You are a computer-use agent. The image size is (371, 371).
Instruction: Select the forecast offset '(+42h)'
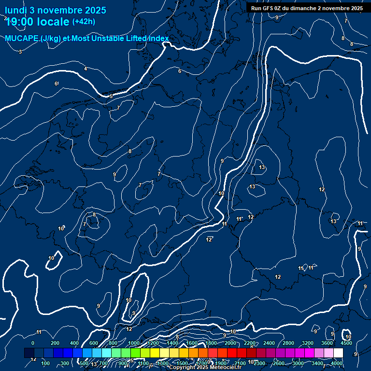[84, 22]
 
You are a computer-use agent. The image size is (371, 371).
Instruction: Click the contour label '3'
[20, 51]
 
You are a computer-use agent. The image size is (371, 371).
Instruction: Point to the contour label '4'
[86, 69]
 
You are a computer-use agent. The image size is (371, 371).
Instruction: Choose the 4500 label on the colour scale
[346, 343]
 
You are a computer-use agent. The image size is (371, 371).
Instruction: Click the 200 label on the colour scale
[55, 343]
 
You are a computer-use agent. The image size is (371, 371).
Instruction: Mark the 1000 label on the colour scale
[134, 343]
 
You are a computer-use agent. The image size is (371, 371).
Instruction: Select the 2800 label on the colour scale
[288, 343]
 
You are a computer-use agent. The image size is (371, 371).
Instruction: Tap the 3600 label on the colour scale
[327, 343]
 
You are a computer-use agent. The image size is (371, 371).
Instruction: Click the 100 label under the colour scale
[45, 363]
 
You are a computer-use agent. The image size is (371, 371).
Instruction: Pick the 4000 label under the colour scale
[337, 363]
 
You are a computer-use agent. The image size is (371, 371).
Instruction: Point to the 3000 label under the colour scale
[298, 363]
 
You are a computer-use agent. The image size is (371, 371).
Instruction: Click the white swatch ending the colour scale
[338, 353]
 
